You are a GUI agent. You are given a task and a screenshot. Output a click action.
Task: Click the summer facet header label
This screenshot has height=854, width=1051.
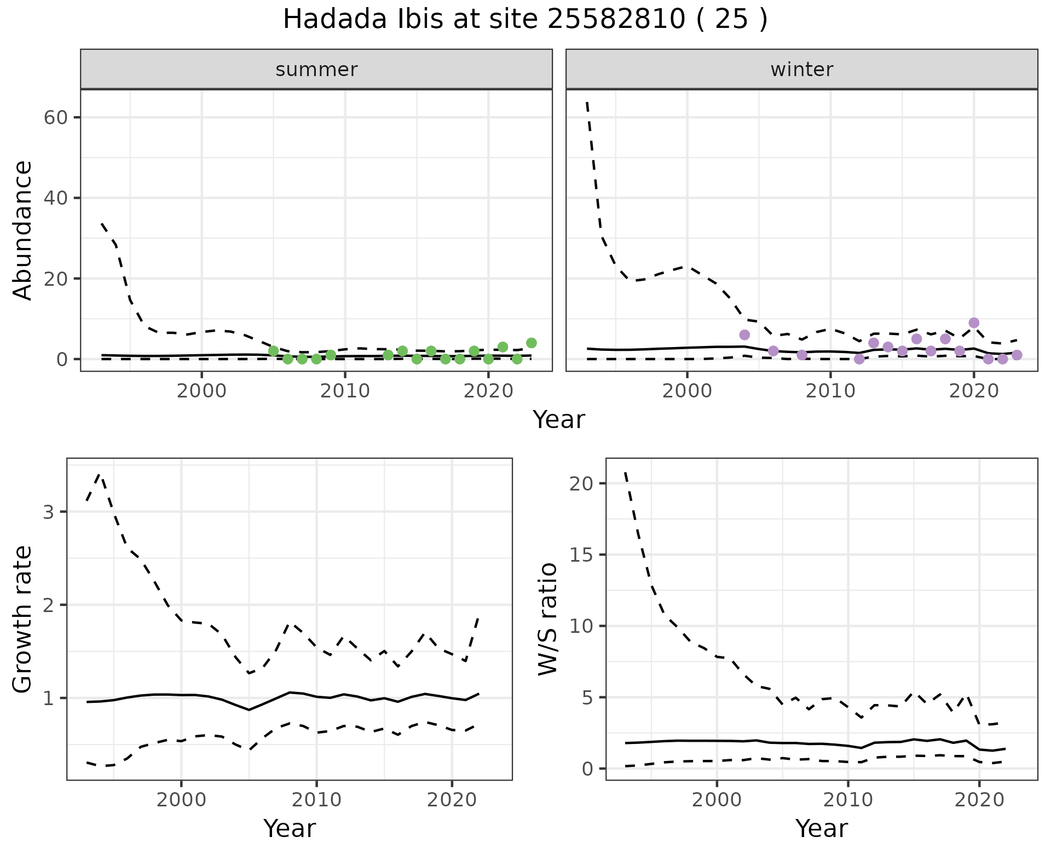click(x=316, y=70)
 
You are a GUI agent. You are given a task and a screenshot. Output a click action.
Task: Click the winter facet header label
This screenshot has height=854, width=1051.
click(x=801, y=70)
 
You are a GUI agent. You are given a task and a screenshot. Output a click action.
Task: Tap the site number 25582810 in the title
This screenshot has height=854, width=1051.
click(x=615, y=20)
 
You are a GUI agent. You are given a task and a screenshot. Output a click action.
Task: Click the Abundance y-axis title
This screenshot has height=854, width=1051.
click(x=23, y=230)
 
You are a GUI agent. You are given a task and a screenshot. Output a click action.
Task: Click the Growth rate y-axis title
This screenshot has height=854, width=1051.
click(x=23, y=619)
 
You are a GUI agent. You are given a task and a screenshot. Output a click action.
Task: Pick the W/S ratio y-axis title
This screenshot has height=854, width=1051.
click(x=548, y=619)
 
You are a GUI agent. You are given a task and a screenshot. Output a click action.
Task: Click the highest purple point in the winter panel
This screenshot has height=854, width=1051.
click(x=974, y=323)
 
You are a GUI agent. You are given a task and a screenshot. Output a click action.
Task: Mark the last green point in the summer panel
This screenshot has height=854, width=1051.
click(x=531, y=343)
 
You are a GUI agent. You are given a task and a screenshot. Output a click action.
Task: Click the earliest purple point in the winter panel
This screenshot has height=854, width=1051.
click(x=744, y=335)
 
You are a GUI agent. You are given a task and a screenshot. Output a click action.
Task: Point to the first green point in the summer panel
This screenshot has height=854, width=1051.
click(x=274, y=351)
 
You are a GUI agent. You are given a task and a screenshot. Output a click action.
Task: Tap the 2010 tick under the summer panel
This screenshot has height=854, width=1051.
click(x=345, y=391)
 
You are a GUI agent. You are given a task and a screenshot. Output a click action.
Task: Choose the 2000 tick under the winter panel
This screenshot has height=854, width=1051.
click(x=687, y=391)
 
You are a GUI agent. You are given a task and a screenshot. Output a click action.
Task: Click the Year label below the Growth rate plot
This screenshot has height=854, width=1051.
click(x=290, y=828)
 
